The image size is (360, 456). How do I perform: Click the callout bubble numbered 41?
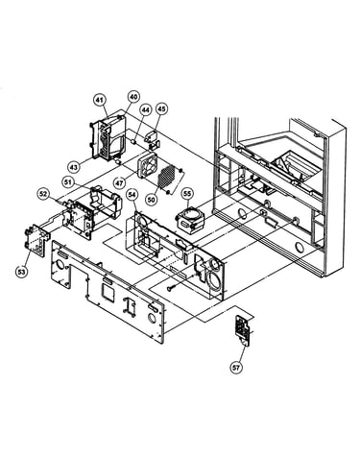pyautogui.click(x=100, y=101)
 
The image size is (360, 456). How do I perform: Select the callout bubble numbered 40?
pyautogui.click(x=133, y=96)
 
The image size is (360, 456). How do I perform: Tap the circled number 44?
pyautogui.click(x=146, y=110)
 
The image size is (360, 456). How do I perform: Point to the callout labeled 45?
pyautogui.click(x=161, y=108)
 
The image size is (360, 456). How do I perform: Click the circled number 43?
pyautogui.click(x=74, y=167)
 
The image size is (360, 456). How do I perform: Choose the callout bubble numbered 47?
pyautogui.click(x=119, y=183)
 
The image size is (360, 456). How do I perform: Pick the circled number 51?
pyautogui.click(x=68, y=182)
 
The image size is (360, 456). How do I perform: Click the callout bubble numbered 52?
pyautogui.click(x=43, y=194)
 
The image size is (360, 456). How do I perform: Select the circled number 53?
pyautogui.click(x=21, y=272)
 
